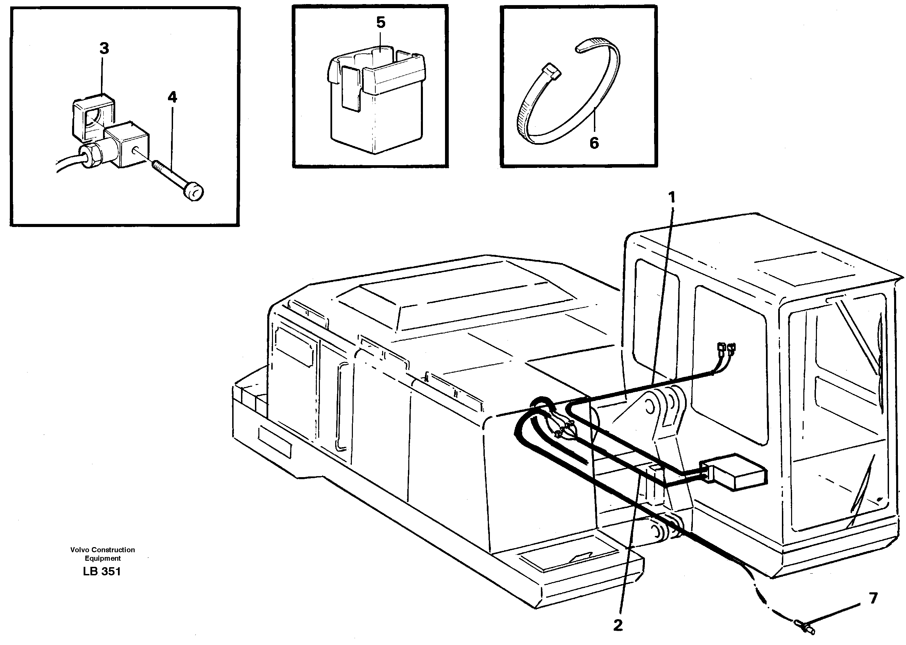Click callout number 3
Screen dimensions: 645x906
pos(104,49)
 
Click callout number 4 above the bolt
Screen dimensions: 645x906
pos(172,97)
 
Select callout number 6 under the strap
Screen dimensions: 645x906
pos(594,143)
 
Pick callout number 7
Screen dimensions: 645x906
pos(873,598)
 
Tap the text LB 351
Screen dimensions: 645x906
pos(102,571)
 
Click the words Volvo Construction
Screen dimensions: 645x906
pos(103,550)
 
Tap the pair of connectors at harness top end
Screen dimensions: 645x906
pos(725,348)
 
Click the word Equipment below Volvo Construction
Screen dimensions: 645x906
pos(103,558)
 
